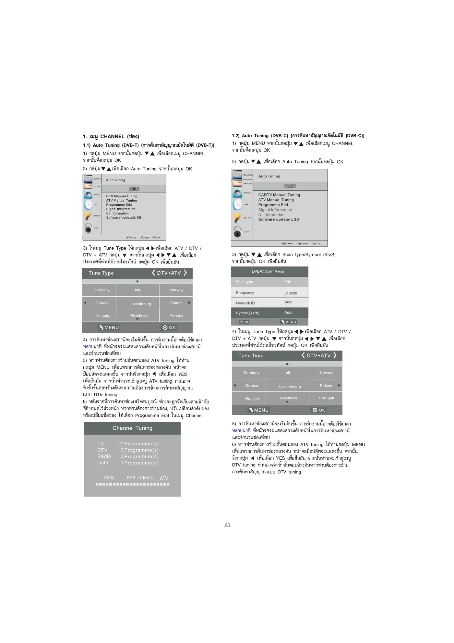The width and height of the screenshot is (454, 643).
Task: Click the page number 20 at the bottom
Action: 227,525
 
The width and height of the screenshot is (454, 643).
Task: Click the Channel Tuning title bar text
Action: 132,428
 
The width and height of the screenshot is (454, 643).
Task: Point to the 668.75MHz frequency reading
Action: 140,477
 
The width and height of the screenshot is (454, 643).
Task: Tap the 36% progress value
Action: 111,477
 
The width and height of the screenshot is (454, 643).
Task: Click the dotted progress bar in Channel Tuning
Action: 132,484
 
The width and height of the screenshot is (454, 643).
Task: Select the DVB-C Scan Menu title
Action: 268,271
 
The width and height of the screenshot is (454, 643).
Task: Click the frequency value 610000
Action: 291,293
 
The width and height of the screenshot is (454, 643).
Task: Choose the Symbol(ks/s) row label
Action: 247,313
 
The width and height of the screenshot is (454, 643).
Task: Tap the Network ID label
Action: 245,303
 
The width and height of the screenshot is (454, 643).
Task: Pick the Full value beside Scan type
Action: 287,282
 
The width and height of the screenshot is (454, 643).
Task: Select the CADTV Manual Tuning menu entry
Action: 279,195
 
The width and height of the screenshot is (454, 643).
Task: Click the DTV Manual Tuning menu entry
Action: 122,196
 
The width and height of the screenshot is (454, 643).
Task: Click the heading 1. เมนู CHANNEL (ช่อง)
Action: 111,136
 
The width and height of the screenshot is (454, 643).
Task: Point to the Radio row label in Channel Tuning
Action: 104,456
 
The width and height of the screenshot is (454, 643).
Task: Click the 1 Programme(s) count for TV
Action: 139,444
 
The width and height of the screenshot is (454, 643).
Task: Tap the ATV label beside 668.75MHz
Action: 164,478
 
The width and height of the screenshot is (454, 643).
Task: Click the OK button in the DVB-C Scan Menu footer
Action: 244,322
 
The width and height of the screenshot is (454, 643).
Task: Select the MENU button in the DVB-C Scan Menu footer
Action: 289,322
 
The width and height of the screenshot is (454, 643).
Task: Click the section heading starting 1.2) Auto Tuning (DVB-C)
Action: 298,136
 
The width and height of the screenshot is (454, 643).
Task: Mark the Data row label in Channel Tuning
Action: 103,463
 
